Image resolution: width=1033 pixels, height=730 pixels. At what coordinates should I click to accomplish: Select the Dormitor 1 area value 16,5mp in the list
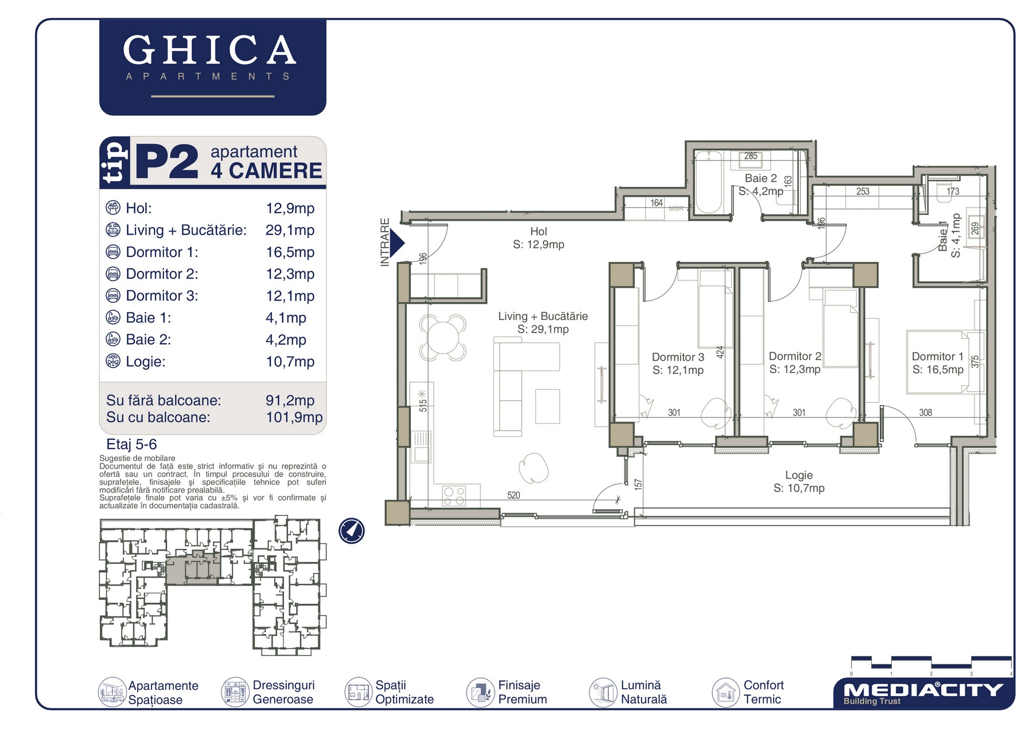coord(290,252)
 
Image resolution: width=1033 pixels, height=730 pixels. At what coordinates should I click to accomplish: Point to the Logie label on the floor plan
coord(799,475)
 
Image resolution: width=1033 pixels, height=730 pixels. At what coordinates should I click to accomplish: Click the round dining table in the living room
coord(442,337)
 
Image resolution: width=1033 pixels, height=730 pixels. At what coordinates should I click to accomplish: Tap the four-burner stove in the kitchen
coord(455,496)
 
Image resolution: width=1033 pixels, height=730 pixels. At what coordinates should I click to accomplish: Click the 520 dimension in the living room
coord(514,495)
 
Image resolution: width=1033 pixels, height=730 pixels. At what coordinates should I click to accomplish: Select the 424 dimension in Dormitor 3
coord(720,352)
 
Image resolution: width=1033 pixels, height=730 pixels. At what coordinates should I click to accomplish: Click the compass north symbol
coord(351,530)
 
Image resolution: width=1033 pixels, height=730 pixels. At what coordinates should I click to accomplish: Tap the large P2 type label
coord(167,162)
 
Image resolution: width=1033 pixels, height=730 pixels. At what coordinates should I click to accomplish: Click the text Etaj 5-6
coord(131,444)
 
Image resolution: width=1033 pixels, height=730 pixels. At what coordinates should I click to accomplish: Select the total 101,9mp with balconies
coord(294,417)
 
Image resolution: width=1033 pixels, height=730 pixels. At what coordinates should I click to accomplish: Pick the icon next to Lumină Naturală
coord(603,692)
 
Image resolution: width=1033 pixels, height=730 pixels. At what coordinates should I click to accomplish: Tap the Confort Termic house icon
coord(726,692)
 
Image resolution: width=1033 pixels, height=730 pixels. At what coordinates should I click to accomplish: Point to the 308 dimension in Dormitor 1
coord(925,412)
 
